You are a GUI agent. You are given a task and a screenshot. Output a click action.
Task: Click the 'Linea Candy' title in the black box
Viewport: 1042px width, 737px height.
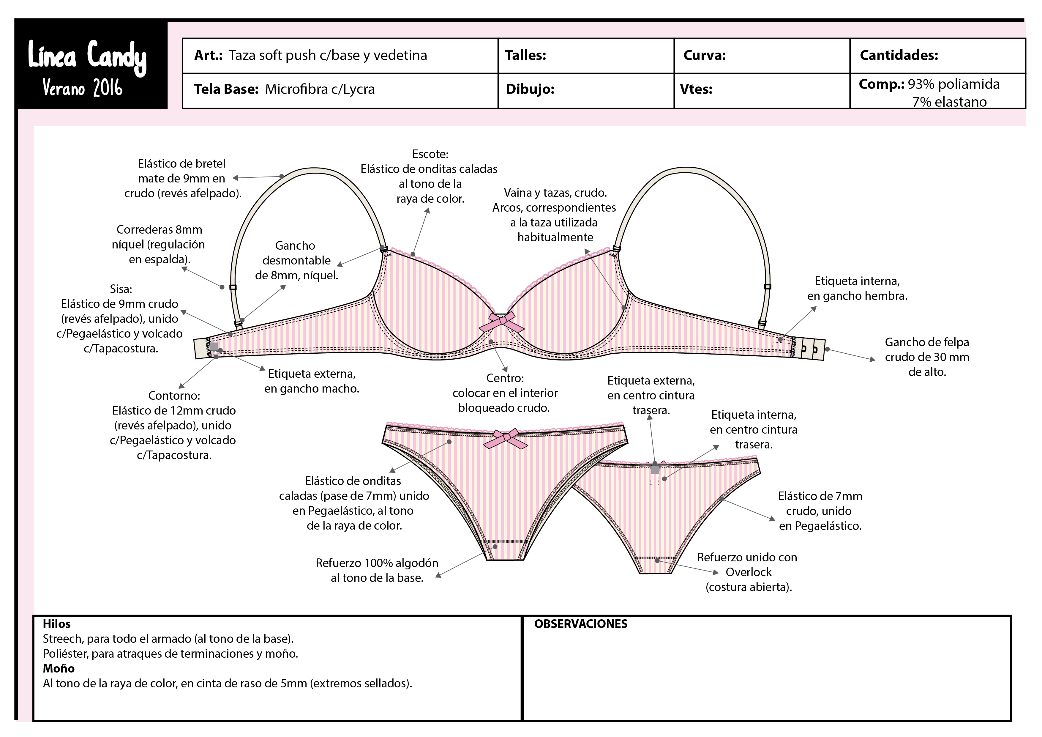tap(87, 57)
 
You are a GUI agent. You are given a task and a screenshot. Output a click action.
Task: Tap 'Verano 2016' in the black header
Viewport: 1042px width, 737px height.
tap(83, 88)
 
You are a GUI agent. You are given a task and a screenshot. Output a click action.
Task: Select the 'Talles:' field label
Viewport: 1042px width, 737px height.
tap(525, 55)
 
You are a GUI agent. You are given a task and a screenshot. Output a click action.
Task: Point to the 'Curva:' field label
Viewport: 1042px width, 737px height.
tap(704, 55)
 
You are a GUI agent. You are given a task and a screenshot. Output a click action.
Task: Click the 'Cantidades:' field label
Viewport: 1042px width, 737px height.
tap(899, 55)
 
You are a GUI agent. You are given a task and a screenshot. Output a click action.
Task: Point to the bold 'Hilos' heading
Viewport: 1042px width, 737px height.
tap(57, 624)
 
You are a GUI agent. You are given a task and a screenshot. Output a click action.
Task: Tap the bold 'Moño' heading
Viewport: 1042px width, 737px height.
tap(59, 668)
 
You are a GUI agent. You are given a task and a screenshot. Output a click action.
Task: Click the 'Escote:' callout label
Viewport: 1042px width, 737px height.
tap(430, 154)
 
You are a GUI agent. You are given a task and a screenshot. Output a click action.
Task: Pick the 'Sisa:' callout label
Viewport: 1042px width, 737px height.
tap(121, 289)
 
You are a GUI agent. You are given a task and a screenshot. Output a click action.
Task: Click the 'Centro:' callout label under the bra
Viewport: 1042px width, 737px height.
tap(505, 378)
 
